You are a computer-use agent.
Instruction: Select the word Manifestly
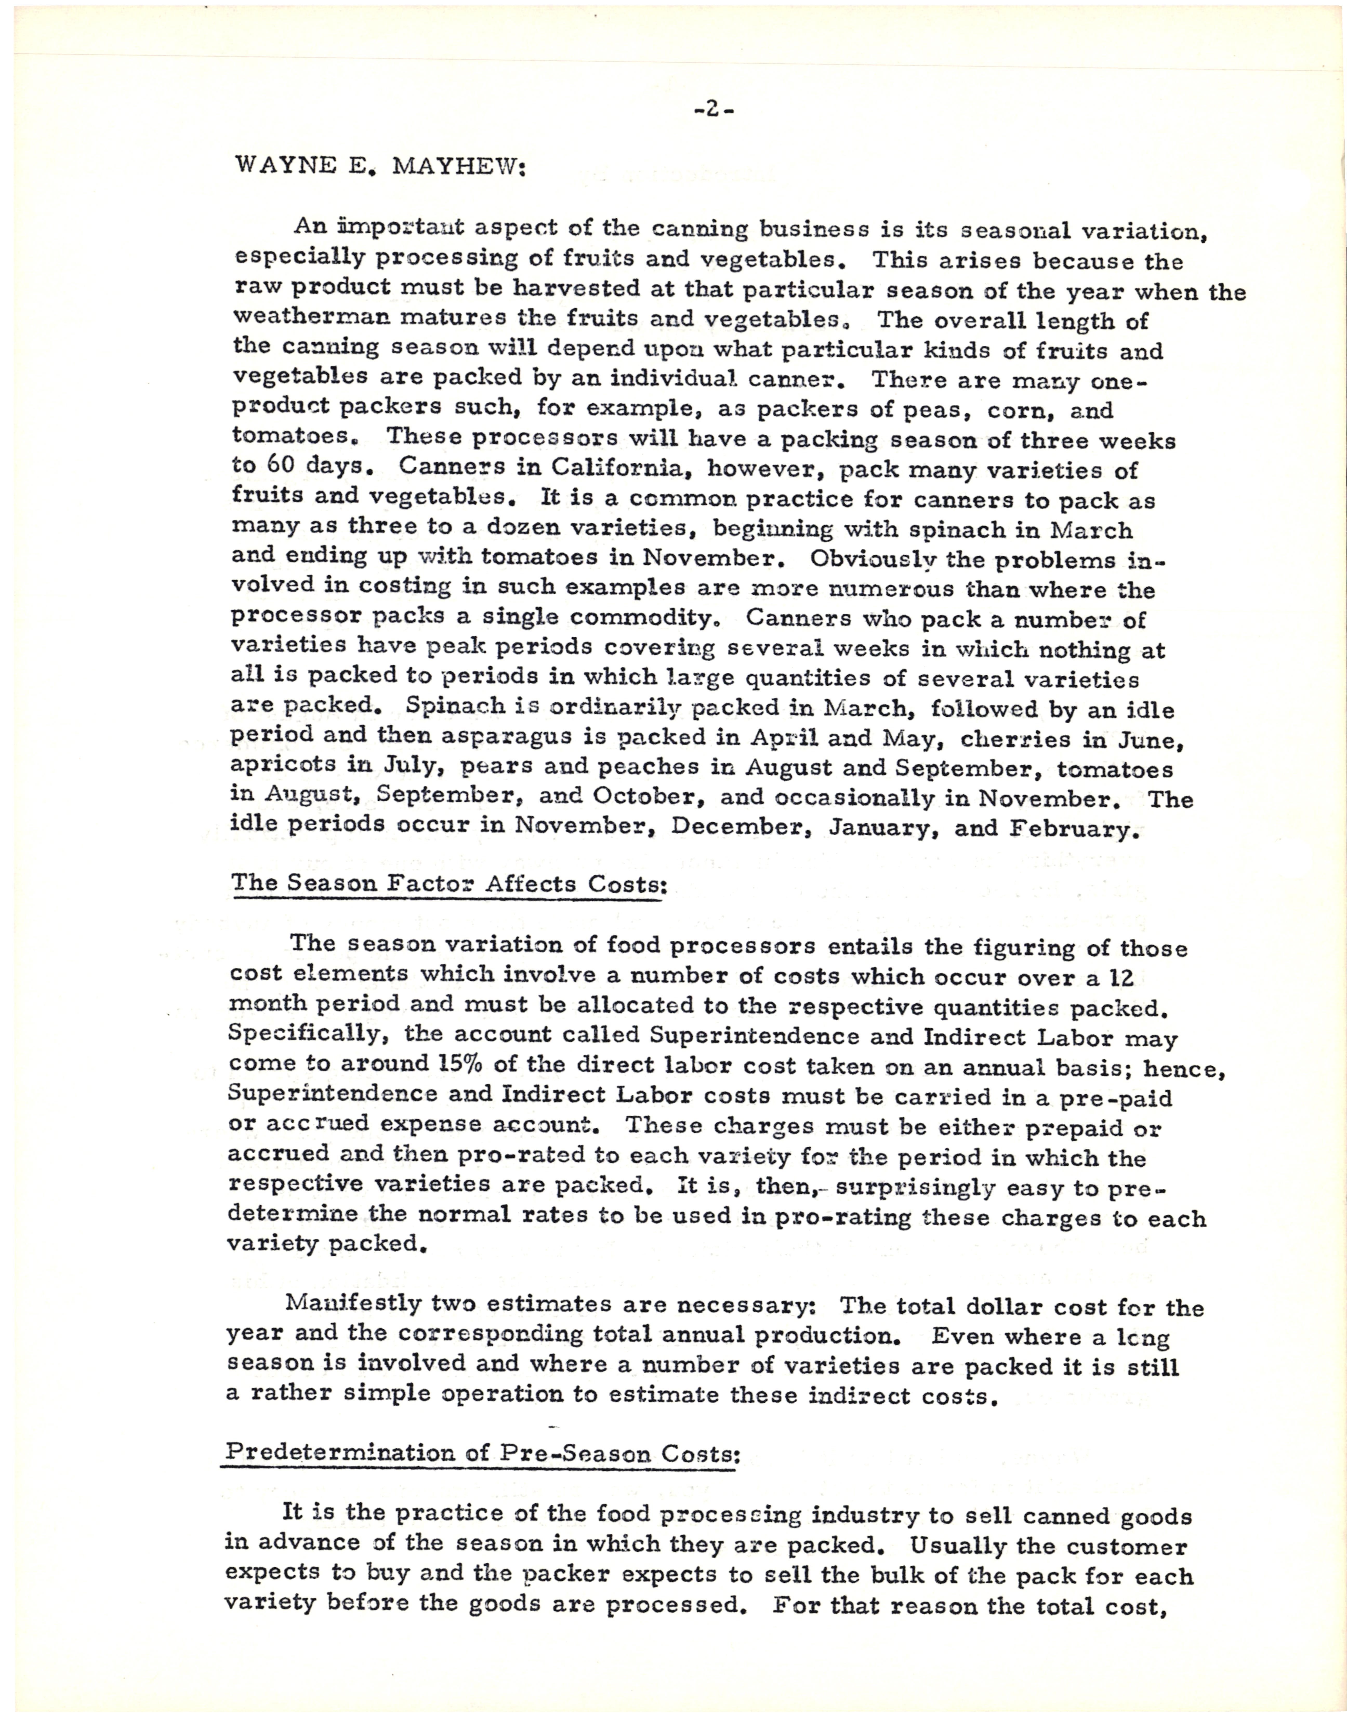pos(353,1303)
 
